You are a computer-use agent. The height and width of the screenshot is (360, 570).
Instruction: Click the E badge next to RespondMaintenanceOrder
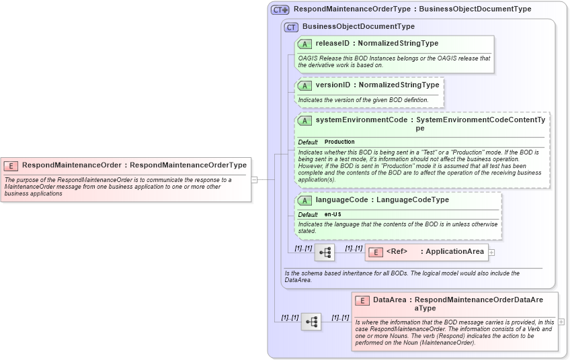(x=11, y=165)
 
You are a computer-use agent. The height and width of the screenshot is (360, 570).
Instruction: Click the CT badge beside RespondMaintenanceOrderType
(x=280, y=10)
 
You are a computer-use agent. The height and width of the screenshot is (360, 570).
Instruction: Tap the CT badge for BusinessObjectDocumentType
(x=291, y=27)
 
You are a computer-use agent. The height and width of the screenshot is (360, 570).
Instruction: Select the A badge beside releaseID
(x=304, y=44)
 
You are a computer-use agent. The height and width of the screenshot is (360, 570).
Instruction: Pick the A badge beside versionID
(x=304, y=85)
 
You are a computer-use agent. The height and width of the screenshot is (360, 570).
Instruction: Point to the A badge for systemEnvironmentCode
(x=304, y=121)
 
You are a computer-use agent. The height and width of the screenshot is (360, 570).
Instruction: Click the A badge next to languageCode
(x=304, y=200)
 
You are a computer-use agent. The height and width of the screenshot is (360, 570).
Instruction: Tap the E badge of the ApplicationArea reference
(x=375, y=252)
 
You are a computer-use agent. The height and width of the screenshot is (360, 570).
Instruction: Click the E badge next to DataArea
(x=362, y=300)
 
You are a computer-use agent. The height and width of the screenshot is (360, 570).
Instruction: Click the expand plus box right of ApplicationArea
(x=491, y=253)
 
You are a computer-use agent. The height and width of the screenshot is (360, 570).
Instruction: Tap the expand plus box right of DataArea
(x=561, y=322)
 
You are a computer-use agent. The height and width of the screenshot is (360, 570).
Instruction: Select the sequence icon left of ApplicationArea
(x=324, y=253)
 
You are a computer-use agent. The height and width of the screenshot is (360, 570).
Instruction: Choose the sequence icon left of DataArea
(x=311, y=322)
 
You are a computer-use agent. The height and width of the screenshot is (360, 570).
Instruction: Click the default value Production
(x=339, y=142)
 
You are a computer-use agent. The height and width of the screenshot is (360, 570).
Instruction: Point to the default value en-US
(x=332, y=214)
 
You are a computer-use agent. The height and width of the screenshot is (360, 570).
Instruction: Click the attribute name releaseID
(x=331, y=44)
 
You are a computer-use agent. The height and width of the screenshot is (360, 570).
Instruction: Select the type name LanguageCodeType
(x=413, y=200)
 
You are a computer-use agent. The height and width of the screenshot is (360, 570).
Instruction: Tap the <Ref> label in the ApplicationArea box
(x=397, y=252)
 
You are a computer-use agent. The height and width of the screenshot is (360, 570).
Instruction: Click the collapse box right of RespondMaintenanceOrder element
(x=254, y=180)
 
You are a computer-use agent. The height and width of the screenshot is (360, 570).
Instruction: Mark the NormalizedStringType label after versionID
(x=399, y=85)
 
